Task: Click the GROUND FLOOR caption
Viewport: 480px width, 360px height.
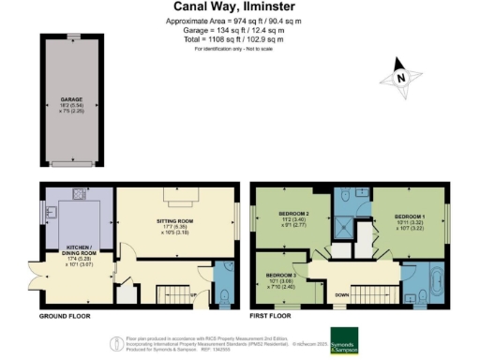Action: click(66, 318)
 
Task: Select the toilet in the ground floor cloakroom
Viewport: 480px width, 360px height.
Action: click(224, 295)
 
